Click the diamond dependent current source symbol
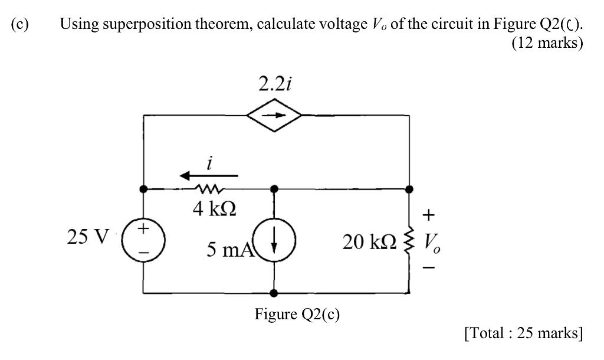274,116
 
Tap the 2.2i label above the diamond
274,84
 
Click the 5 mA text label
229,250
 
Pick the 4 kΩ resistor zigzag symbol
209,189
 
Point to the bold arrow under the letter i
209,175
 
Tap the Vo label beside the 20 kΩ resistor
432,242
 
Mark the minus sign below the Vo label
431,268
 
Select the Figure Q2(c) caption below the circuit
297,314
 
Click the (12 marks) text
547,43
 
